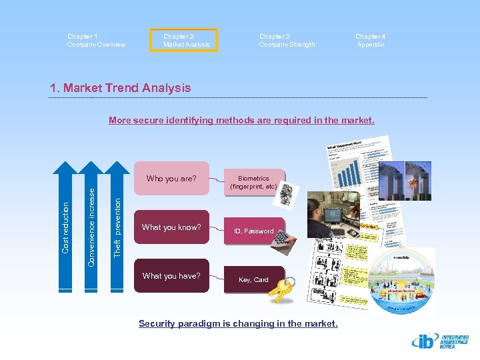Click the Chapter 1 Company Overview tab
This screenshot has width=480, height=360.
(96, 41)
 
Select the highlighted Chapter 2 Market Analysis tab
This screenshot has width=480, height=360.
(187, 41)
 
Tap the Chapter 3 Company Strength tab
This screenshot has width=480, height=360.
(287, 41)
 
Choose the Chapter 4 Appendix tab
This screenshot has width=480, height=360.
(371, 41)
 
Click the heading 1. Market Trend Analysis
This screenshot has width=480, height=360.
(120, 87)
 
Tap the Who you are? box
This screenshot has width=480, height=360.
(171, 179)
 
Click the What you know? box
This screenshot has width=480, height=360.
(171, 227)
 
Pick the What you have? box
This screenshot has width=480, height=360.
(171, 276)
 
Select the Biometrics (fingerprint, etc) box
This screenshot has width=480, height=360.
(253, 183)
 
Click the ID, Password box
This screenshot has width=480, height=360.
(253, 231)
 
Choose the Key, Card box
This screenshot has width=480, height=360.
(253, 280)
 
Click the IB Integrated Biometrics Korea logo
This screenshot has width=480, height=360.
(440, 342)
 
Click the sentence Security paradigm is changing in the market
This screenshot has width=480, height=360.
(238, 324)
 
